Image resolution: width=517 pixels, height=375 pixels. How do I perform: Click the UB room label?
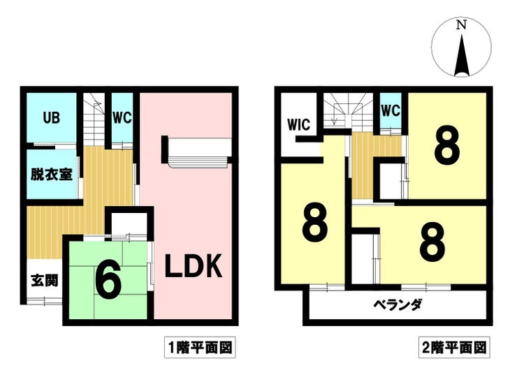[x=52, y=117]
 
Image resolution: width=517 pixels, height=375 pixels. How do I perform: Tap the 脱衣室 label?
[x=52, y=174]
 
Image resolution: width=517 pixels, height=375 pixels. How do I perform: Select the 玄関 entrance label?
[x=45, y=281]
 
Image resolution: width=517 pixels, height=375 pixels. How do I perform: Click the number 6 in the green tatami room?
[x=108, y=283]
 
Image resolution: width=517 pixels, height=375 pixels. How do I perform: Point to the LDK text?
[x=194, y=266]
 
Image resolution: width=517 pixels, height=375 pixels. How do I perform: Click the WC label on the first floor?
[x=122, y=117]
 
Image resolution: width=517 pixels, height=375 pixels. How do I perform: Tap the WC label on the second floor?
[x=391, y=110]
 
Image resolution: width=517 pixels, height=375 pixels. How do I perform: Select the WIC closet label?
[x=299, y=124]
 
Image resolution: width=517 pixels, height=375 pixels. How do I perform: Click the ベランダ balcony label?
[x=398, y=304]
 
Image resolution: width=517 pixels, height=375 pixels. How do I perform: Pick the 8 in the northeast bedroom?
[x=447, y=145]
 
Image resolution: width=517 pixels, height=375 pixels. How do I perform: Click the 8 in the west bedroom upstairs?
[x=315, y=223]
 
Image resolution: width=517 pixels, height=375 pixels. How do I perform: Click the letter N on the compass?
[x=461, y=25]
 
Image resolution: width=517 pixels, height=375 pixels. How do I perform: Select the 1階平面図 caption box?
[x=200, y=347]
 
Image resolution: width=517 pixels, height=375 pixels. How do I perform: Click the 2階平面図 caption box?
[x=454, y=347]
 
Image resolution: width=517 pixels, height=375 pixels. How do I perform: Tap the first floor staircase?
[x=94, y=119]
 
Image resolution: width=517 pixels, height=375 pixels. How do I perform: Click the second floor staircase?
[x=348, y=111]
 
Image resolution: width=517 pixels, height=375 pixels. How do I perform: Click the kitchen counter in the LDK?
[x=197, y=152]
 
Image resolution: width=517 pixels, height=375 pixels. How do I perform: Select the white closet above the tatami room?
[x=129, y=224]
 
